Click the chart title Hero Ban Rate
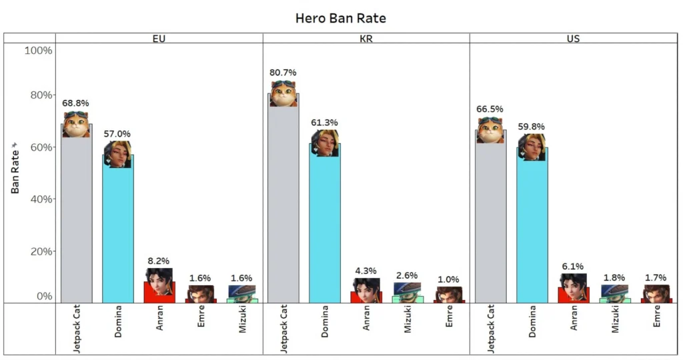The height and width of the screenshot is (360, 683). coord(340,18)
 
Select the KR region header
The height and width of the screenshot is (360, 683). coord(366,38)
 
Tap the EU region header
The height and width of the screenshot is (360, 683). coord(159,38)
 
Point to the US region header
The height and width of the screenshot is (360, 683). coord(573,38)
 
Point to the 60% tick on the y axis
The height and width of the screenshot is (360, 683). coord(38,147)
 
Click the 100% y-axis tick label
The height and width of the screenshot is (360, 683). coord(38,51)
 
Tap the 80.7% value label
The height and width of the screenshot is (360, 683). coord(283,72)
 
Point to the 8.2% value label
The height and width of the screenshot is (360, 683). coord(159,261)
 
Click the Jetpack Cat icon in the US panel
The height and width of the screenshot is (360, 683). coord(490,130)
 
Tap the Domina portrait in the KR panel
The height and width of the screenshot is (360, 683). coord(325,143)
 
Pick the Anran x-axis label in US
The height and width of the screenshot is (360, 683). coord(574,318)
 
